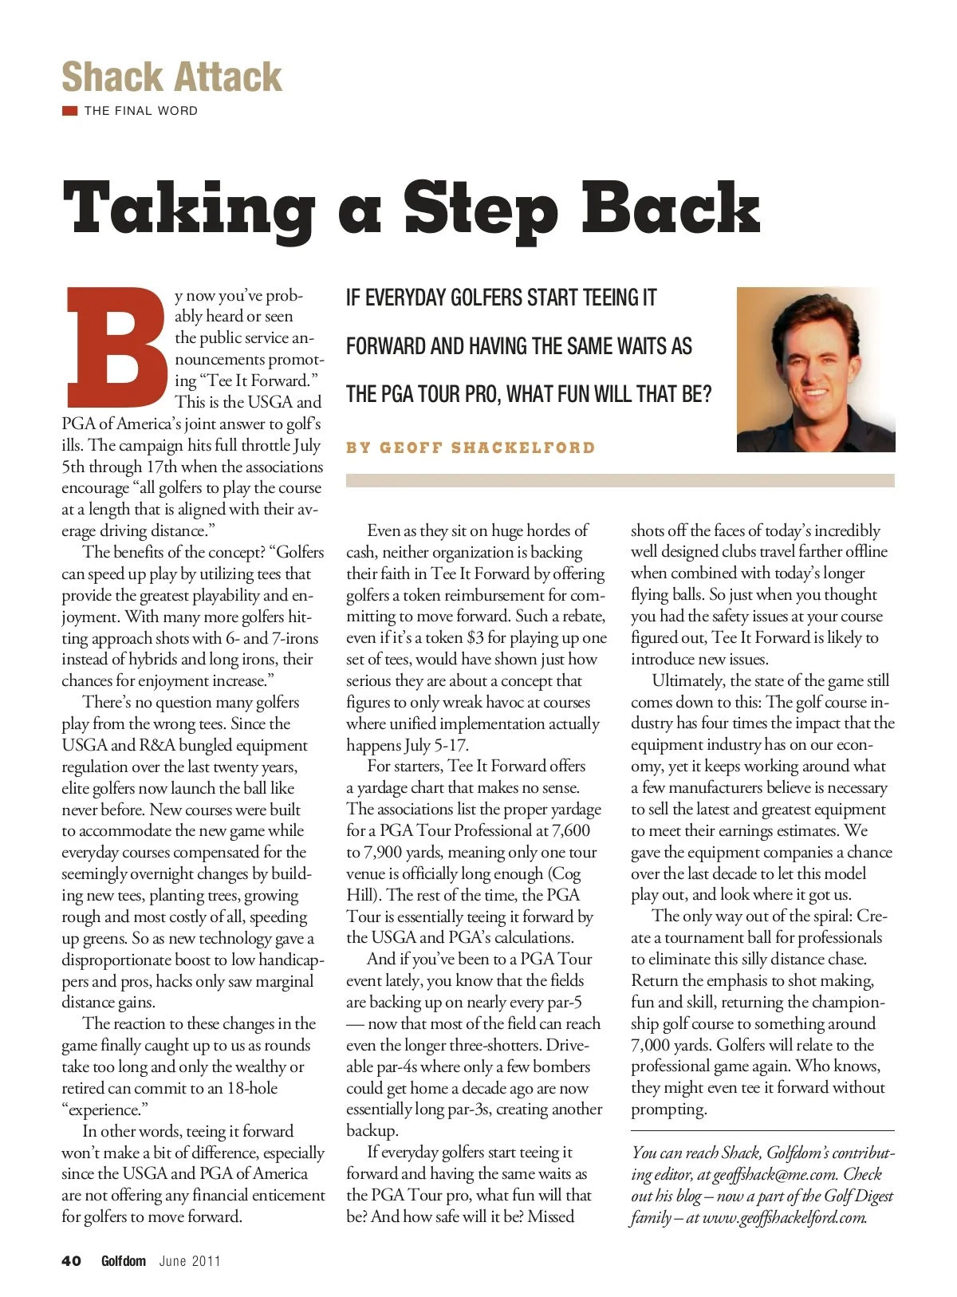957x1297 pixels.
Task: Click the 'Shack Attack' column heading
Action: [x=171, y=77]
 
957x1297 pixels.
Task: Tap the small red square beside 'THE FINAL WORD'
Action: [x=69, y=111]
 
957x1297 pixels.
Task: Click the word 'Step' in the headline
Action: [x=480, y=209]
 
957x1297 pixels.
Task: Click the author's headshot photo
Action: [x=815, y=369]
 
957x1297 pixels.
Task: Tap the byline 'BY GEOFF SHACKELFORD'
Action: [x=471, y=447]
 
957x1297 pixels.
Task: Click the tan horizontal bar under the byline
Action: [x=620, y=480]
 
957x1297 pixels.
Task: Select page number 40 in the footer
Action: [x=72, y=1261]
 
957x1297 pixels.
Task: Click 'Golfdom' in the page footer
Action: [x=124, y=1261]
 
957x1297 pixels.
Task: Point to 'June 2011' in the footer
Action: [x=190, y=1261]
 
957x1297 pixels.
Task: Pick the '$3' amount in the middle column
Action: [x=475, y=638]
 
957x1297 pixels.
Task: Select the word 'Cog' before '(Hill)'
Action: [x=565, y=873]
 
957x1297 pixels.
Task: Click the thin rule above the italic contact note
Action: [x=762, y=1130]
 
